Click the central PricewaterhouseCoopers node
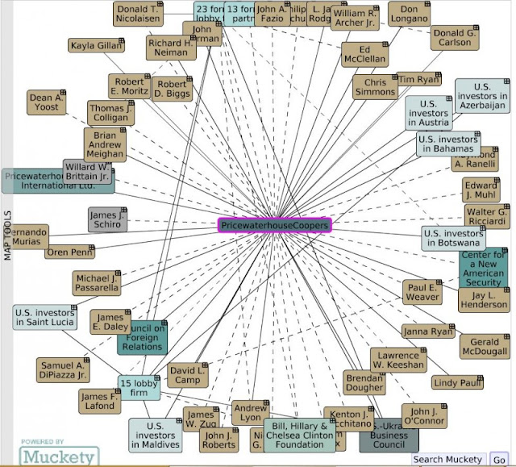[x=275, y=226]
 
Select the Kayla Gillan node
[x=96, y=47]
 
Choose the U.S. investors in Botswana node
[x=454, y=238]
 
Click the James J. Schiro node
[x=107, y=219]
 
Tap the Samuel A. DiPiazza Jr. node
[x=63, y=369]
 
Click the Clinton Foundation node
[x=299, y=436]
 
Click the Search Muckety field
[x=449, y=459]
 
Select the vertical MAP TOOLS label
[x=8, y=235]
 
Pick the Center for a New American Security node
[x=484, y=269]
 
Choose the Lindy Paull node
[x=456, y=382]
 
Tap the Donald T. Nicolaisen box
[x=139, y=15]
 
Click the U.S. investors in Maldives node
[x=157, y=436]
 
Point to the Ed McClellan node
[x=364, y=54]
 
